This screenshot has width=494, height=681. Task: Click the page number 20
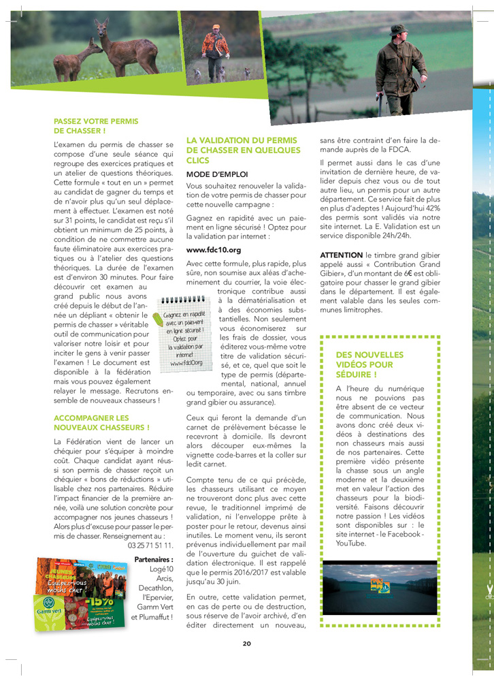click(x=247, y=643)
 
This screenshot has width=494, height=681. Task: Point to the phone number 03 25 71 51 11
click(x=150, y=545)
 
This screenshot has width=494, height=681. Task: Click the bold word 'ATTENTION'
click(x=341, y=255)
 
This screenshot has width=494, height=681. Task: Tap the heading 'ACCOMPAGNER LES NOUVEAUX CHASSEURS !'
click(x=101, y=422)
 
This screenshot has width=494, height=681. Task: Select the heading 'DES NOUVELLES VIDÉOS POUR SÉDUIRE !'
click(x=369, y=364)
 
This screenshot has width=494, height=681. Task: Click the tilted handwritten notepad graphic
click(x=183, y=334)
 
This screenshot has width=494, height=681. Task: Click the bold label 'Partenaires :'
click(x=154, y=560)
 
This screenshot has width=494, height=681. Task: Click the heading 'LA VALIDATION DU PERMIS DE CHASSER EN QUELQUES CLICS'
click(x=243, y=150)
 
